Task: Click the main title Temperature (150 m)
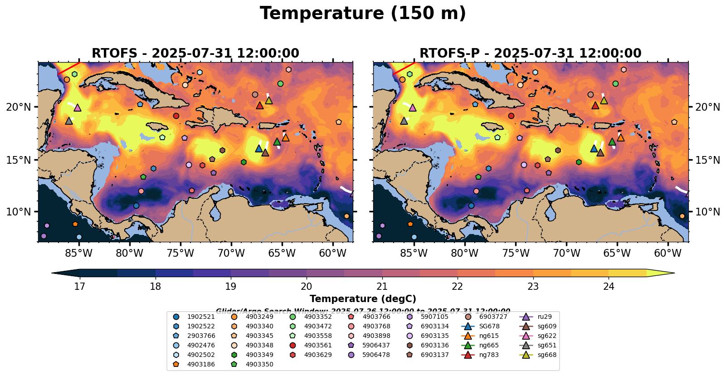[x=363, y=14]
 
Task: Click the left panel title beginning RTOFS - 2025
[x=195, y=53]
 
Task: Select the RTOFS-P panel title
[x=530, y=53]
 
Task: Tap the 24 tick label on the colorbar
[x=609, y=286]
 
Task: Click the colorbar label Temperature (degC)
[x=363, y=299]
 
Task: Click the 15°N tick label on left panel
[x=19, y=160]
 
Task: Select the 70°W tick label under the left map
[x=231, y=253]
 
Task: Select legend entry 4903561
[x=317, y=345]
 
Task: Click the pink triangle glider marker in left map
[x=77, y=107]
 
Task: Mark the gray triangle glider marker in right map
[x=404, y=121]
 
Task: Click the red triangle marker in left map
[x=259, y=106]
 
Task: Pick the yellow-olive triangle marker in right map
[x=604, y=100]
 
